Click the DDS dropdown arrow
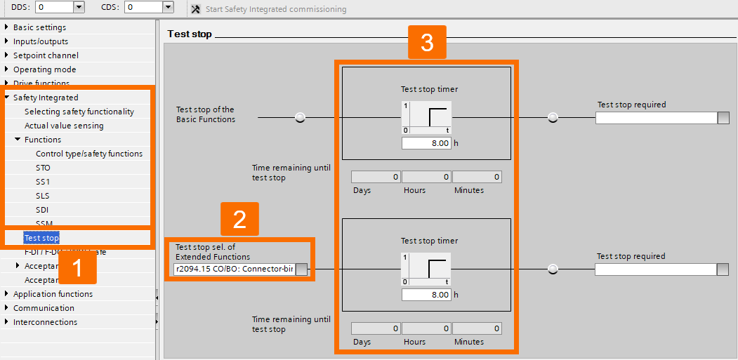click(79, 7)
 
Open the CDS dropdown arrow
click(168, 7)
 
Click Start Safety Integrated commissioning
click(269, 9)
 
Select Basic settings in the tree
click(39, 27)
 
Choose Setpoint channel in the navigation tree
click(46, 55)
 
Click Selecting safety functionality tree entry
click(79, 112)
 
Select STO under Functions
click(43, 168)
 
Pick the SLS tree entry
click(43, 196)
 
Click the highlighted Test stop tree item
click(41, 238)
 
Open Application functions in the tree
click(53, 294)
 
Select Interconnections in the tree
click(45, 322)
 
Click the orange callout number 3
click(427, 43)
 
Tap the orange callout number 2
click(239, 220)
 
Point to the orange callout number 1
click(77, 267)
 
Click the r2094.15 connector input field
click(234, 269)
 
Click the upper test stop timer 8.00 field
click(426, 143)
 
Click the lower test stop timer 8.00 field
click(426, 295)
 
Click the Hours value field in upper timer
click(426, 177)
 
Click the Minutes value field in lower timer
click(477, 328)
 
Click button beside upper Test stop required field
click(723, 118)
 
